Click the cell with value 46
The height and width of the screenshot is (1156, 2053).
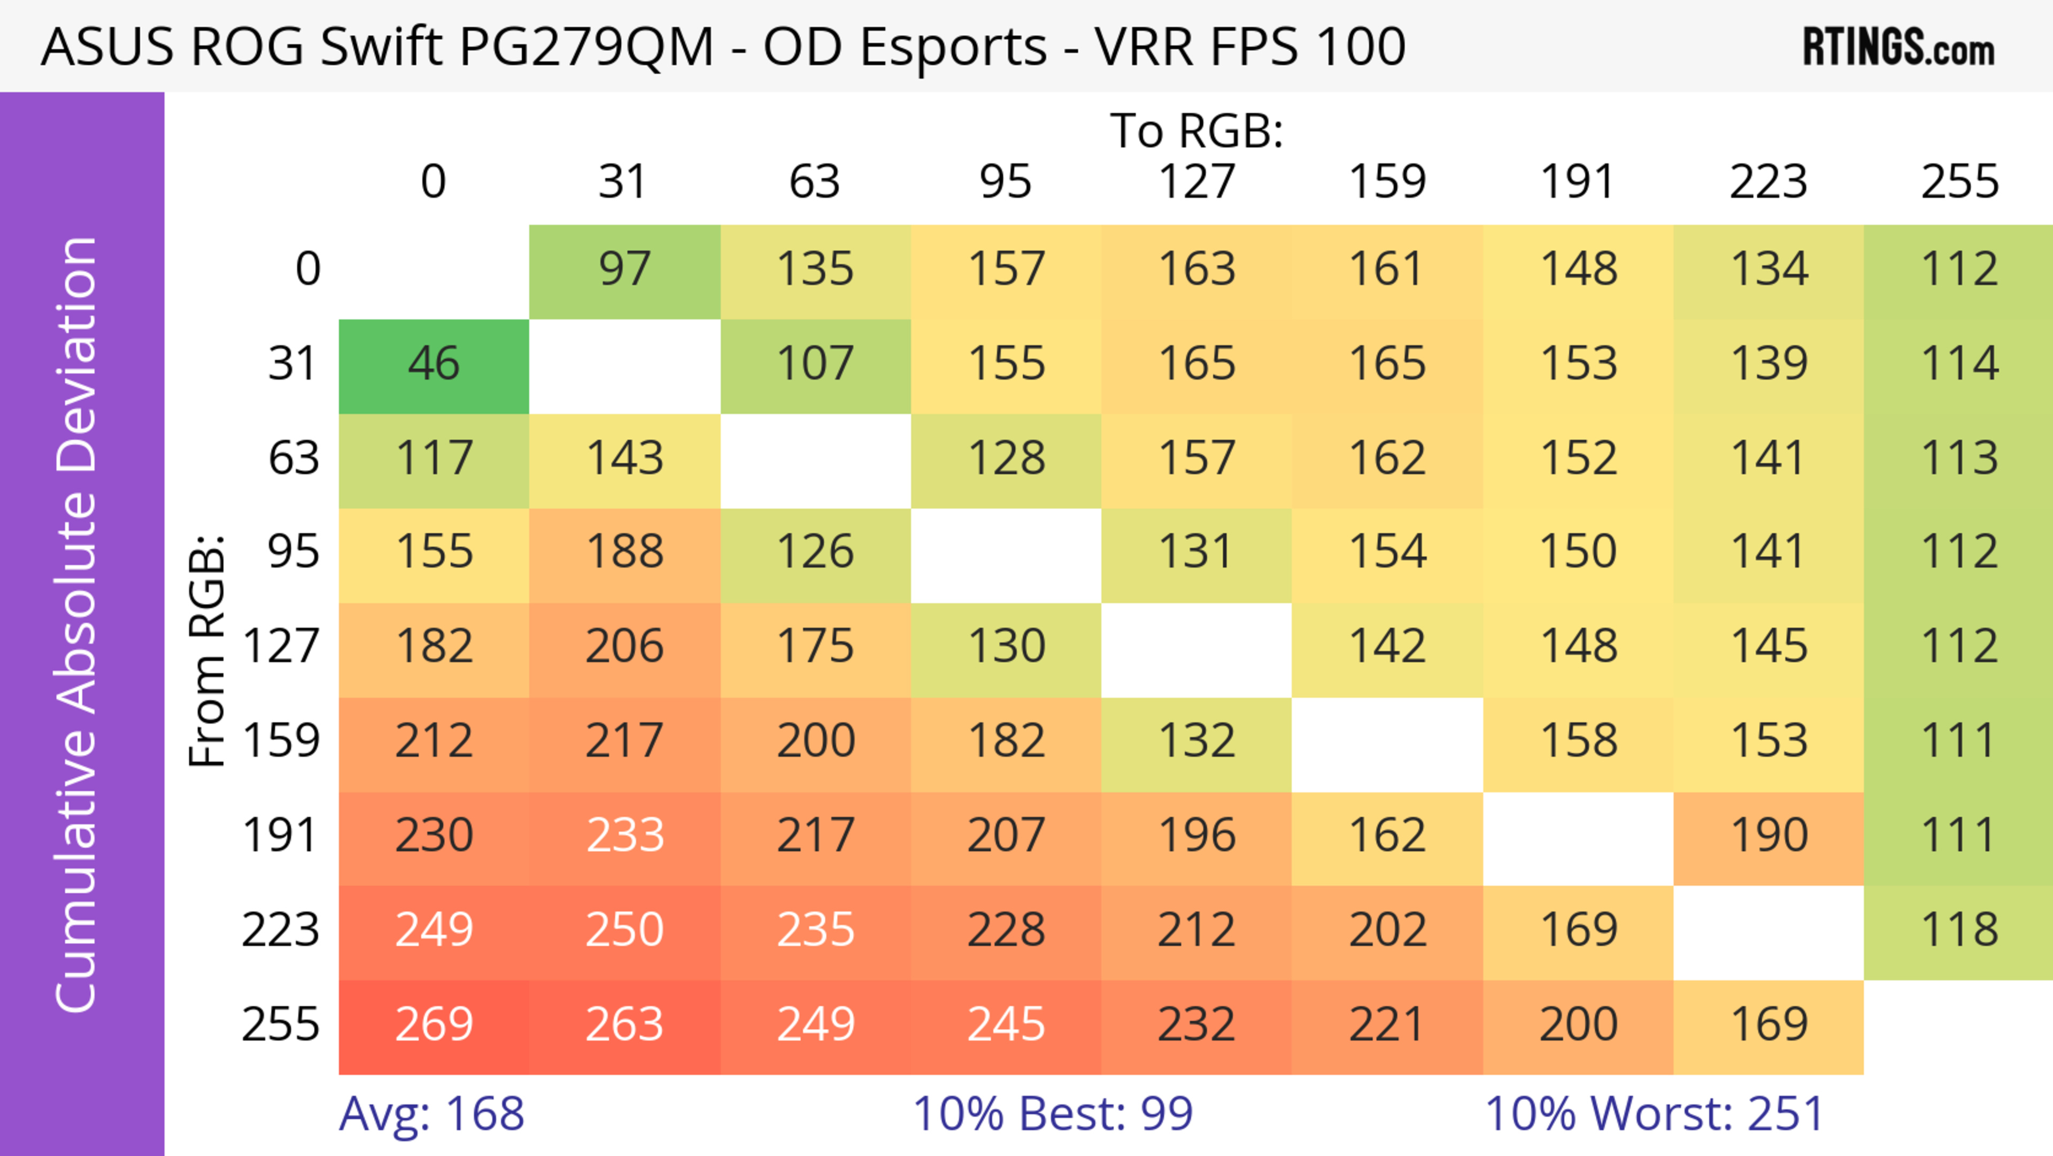[434, 364]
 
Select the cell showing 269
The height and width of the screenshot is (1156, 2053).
[434, 1024]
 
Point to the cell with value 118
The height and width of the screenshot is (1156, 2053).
[1959, 930]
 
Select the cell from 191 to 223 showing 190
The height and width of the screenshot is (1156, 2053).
[1769, 836]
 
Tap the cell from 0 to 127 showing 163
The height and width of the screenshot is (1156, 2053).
[1197, 270]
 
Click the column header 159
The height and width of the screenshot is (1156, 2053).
[1387, 182]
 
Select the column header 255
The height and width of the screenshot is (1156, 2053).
[1959, 182]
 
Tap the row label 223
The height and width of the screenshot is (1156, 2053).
[281, 930]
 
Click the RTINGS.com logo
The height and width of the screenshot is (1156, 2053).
[1898, 47]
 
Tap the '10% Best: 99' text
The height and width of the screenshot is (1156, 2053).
[1052, 1114]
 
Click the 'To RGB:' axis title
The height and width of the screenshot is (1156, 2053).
[1197, 131]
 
